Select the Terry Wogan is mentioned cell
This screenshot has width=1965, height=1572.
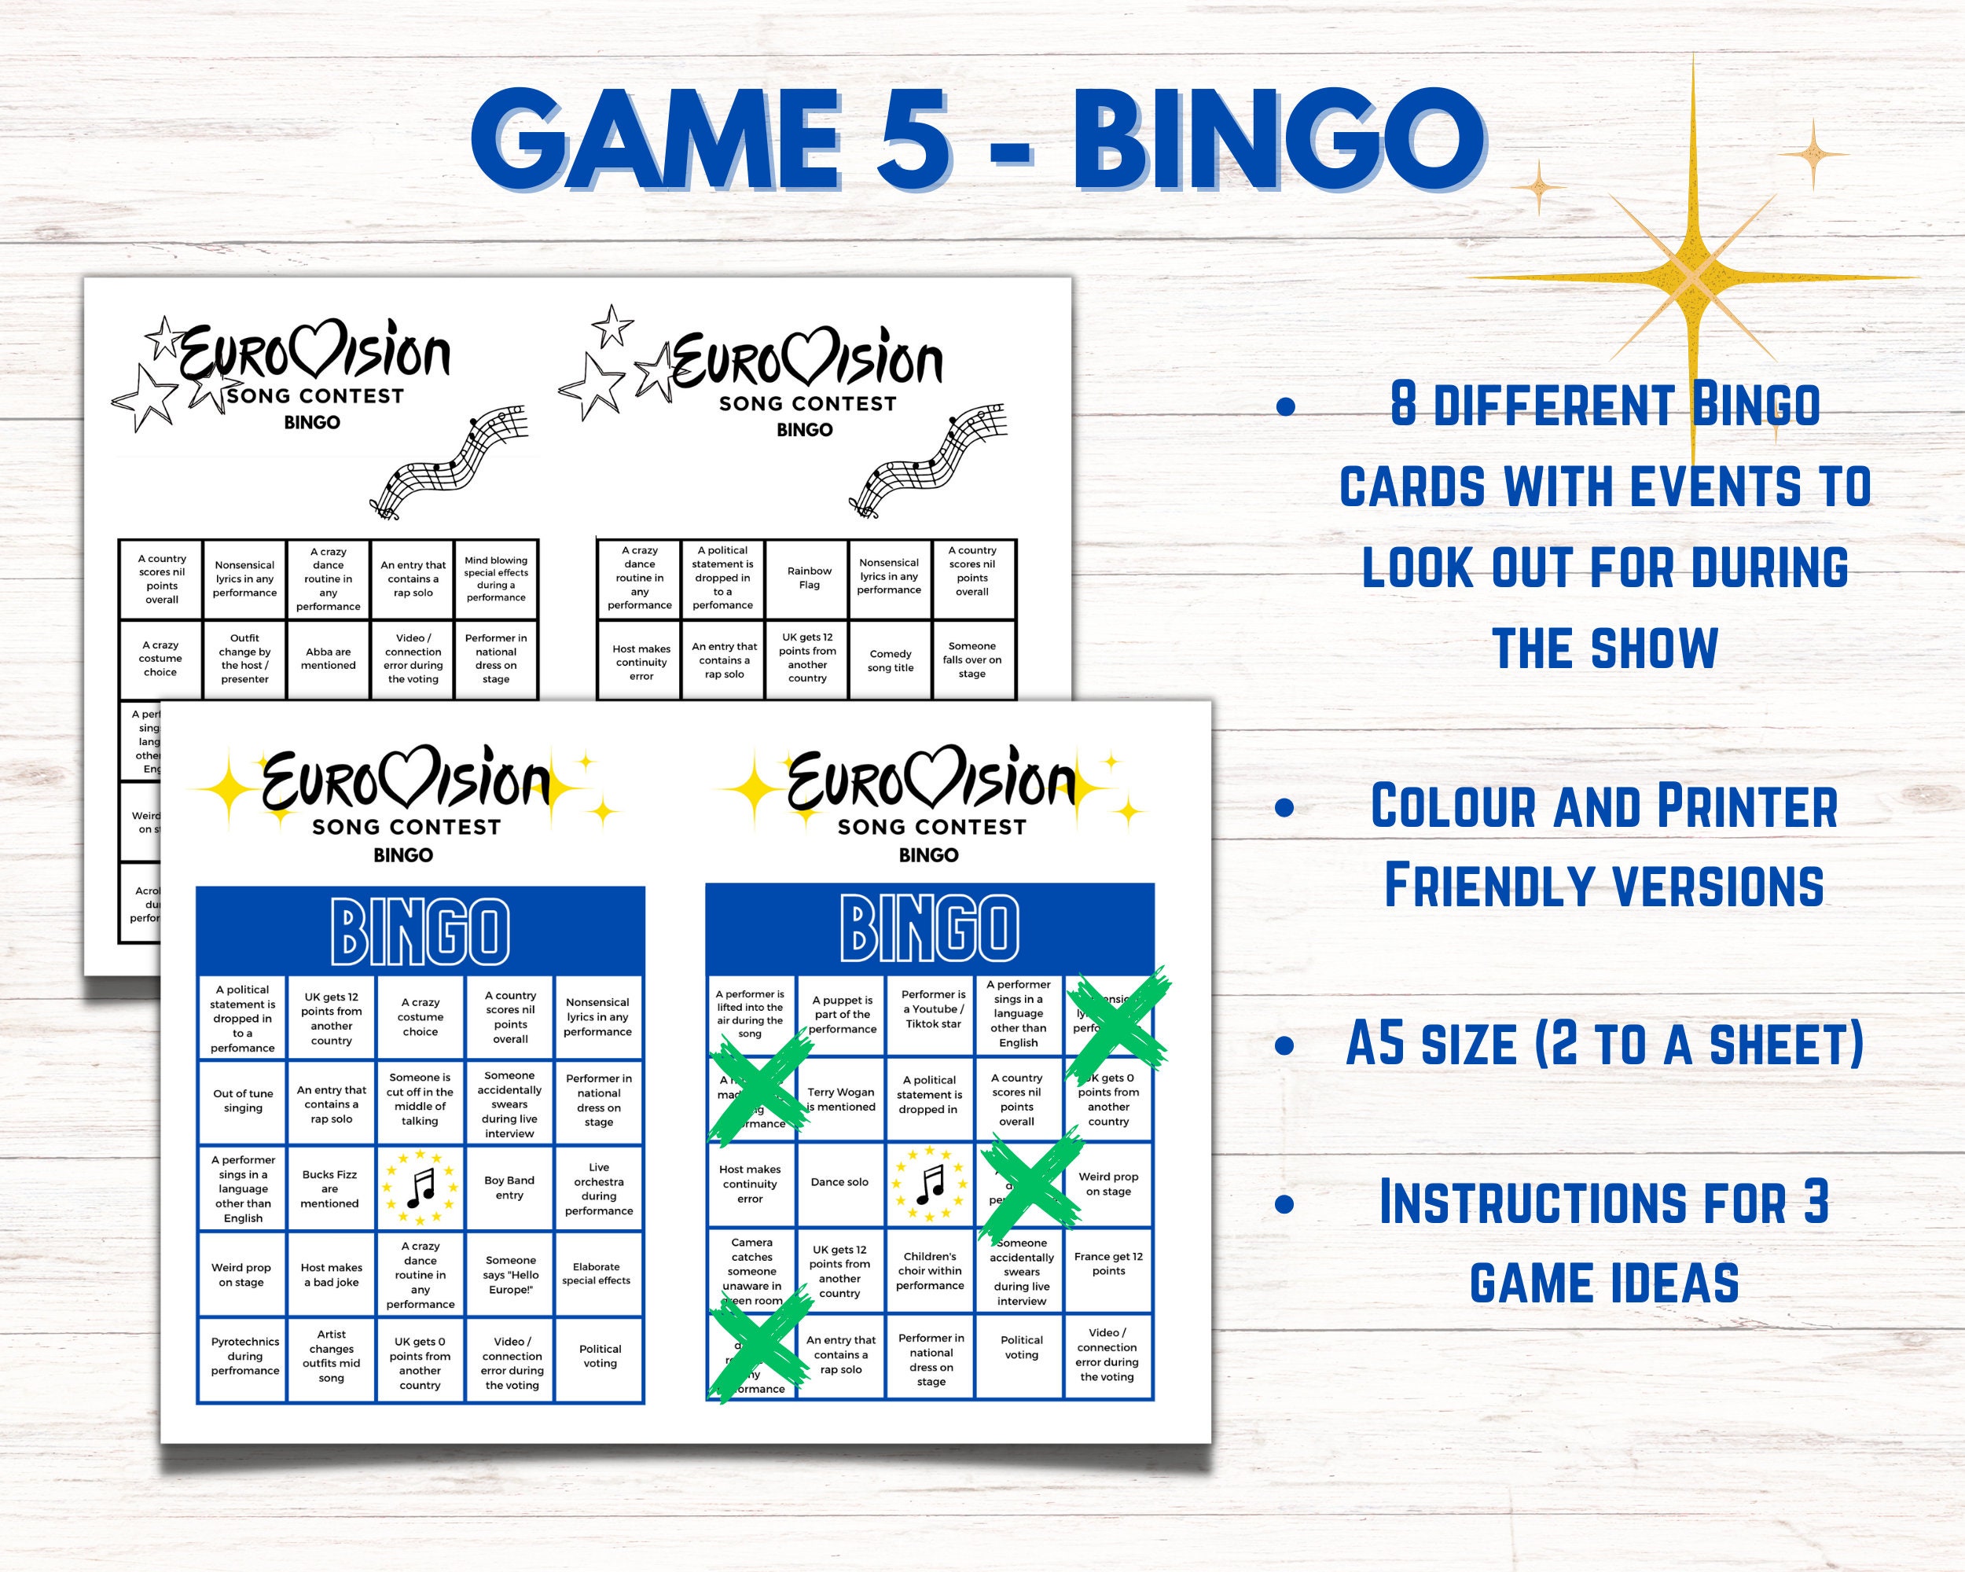click(840, 1099)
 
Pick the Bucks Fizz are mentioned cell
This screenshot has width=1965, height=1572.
click(330, 1188)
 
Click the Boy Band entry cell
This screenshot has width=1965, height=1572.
click(509, 1188)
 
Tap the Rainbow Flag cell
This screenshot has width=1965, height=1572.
click(809, 578)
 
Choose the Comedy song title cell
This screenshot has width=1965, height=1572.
click(891, 661)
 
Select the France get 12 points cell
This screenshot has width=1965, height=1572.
click(1108, 1263)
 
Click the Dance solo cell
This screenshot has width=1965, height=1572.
click(840, 1182)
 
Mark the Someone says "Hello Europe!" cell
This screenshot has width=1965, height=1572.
click(510, 1274)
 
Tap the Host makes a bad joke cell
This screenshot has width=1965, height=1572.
click(331, 1274)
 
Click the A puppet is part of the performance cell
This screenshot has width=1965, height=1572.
click(842, 1014)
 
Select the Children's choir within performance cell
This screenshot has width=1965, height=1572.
click(930, 1270)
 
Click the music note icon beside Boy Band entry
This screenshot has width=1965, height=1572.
click(421, 1188)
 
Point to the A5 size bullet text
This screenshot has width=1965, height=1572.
click(1604, 1045)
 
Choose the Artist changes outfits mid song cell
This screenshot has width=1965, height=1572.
click(331, 1356)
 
